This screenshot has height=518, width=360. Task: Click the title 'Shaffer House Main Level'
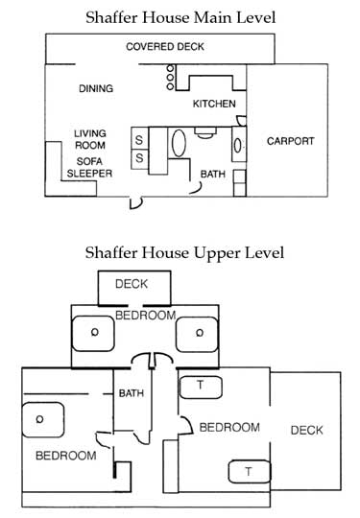point(180,16)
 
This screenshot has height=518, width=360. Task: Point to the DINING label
point(96,89)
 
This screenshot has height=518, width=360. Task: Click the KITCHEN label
point(214,104)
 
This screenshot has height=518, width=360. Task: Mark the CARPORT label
point(290,141)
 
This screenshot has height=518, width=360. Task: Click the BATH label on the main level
point(212,174)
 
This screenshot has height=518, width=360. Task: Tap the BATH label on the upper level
point(131,393)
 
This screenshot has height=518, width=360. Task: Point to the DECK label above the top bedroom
point(131,284)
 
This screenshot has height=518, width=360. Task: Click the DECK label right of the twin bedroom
point(307,430)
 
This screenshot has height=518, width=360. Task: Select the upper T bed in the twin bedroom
point(202,385)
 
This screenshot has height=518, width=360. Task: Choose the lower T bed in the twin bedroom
point(248,471)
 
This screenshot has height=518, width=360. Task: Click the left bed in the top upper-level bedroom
point(94,333)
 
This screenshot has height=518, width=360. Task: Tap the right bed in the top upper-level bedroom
point(200,333)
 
